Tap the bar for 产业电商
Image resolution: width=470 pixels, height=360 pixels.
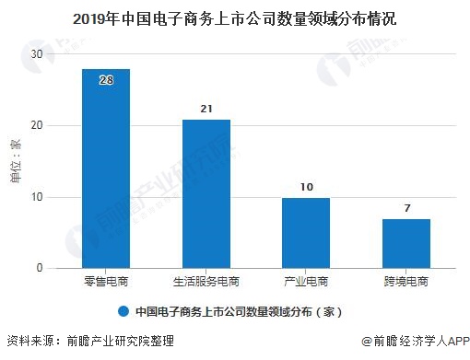tap(306, 232)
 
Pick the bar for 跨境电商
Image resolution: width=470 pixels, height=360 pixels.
tap(406, 243)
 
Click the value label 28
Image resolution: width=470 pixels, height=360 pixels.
tap(106, 81)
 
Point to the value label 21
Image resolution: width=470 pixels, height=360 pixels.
tap(206, 110)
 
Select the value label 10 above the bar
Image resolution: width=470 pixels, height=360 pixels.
tap(306, 187)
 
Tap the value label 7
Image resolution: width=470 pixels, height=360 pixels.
tap(406, 208)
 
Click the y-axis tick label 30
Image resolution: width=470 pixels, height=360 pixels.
tap(37, 54)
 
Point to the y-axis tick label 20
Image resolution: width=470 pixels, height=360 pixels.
tap(37, 125)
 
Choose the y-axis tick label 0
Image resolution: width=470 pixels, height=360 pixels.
tap(41, 268)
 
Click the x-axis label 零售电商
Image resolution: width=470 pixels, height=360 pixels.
tap(106, 281)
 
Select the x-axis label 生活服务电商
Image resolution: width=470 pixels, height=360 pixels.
tap(206, 281)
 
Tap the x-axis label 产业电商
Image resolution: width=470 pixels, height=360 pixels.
tap(306, 281)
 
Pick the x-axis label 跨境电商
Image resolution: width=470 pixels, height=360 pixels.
tap(406, 281)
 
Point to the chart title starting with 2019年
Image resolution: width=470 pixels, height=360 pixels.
tap(234, 17)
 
